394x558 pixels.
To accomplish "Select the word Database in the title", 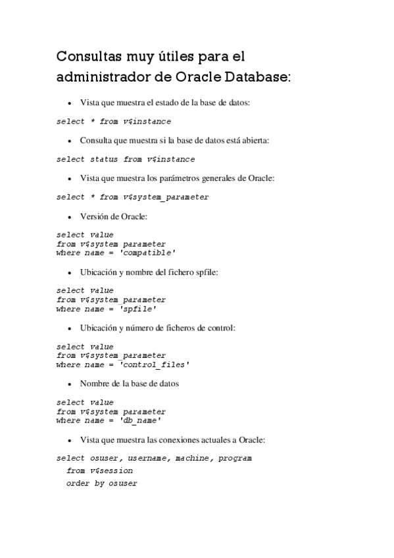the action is coord(257,77).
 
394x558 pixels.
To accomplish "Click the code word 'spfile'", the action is coord(139,309).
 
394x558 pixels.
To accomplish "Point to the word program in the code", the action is coord(235,458).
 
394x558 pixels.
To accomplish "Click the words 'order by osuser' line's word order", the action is coord(78,484).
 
